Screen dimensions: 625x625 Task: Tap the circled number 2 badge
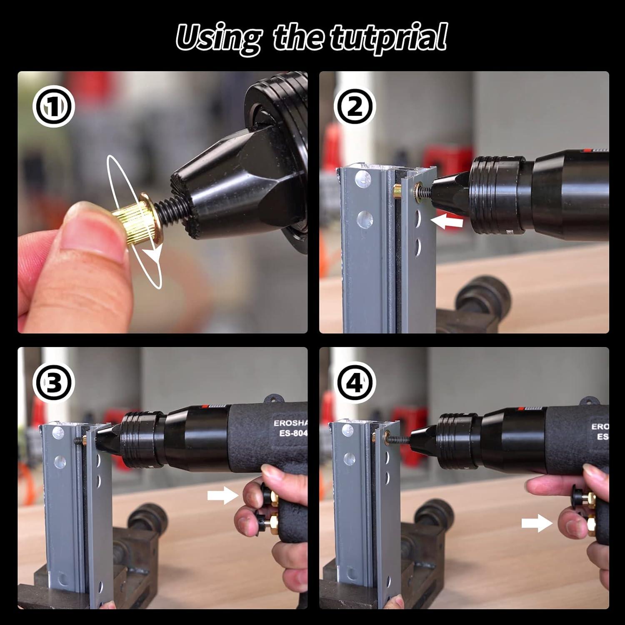pyautogui.click(x=355, y=107)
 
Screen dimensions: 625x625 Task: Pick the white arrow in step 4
pyautogui.click(x=537, y=523)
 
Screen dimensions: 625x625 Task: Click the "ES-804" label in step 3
pyautogui.click(x=290, y=433)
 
